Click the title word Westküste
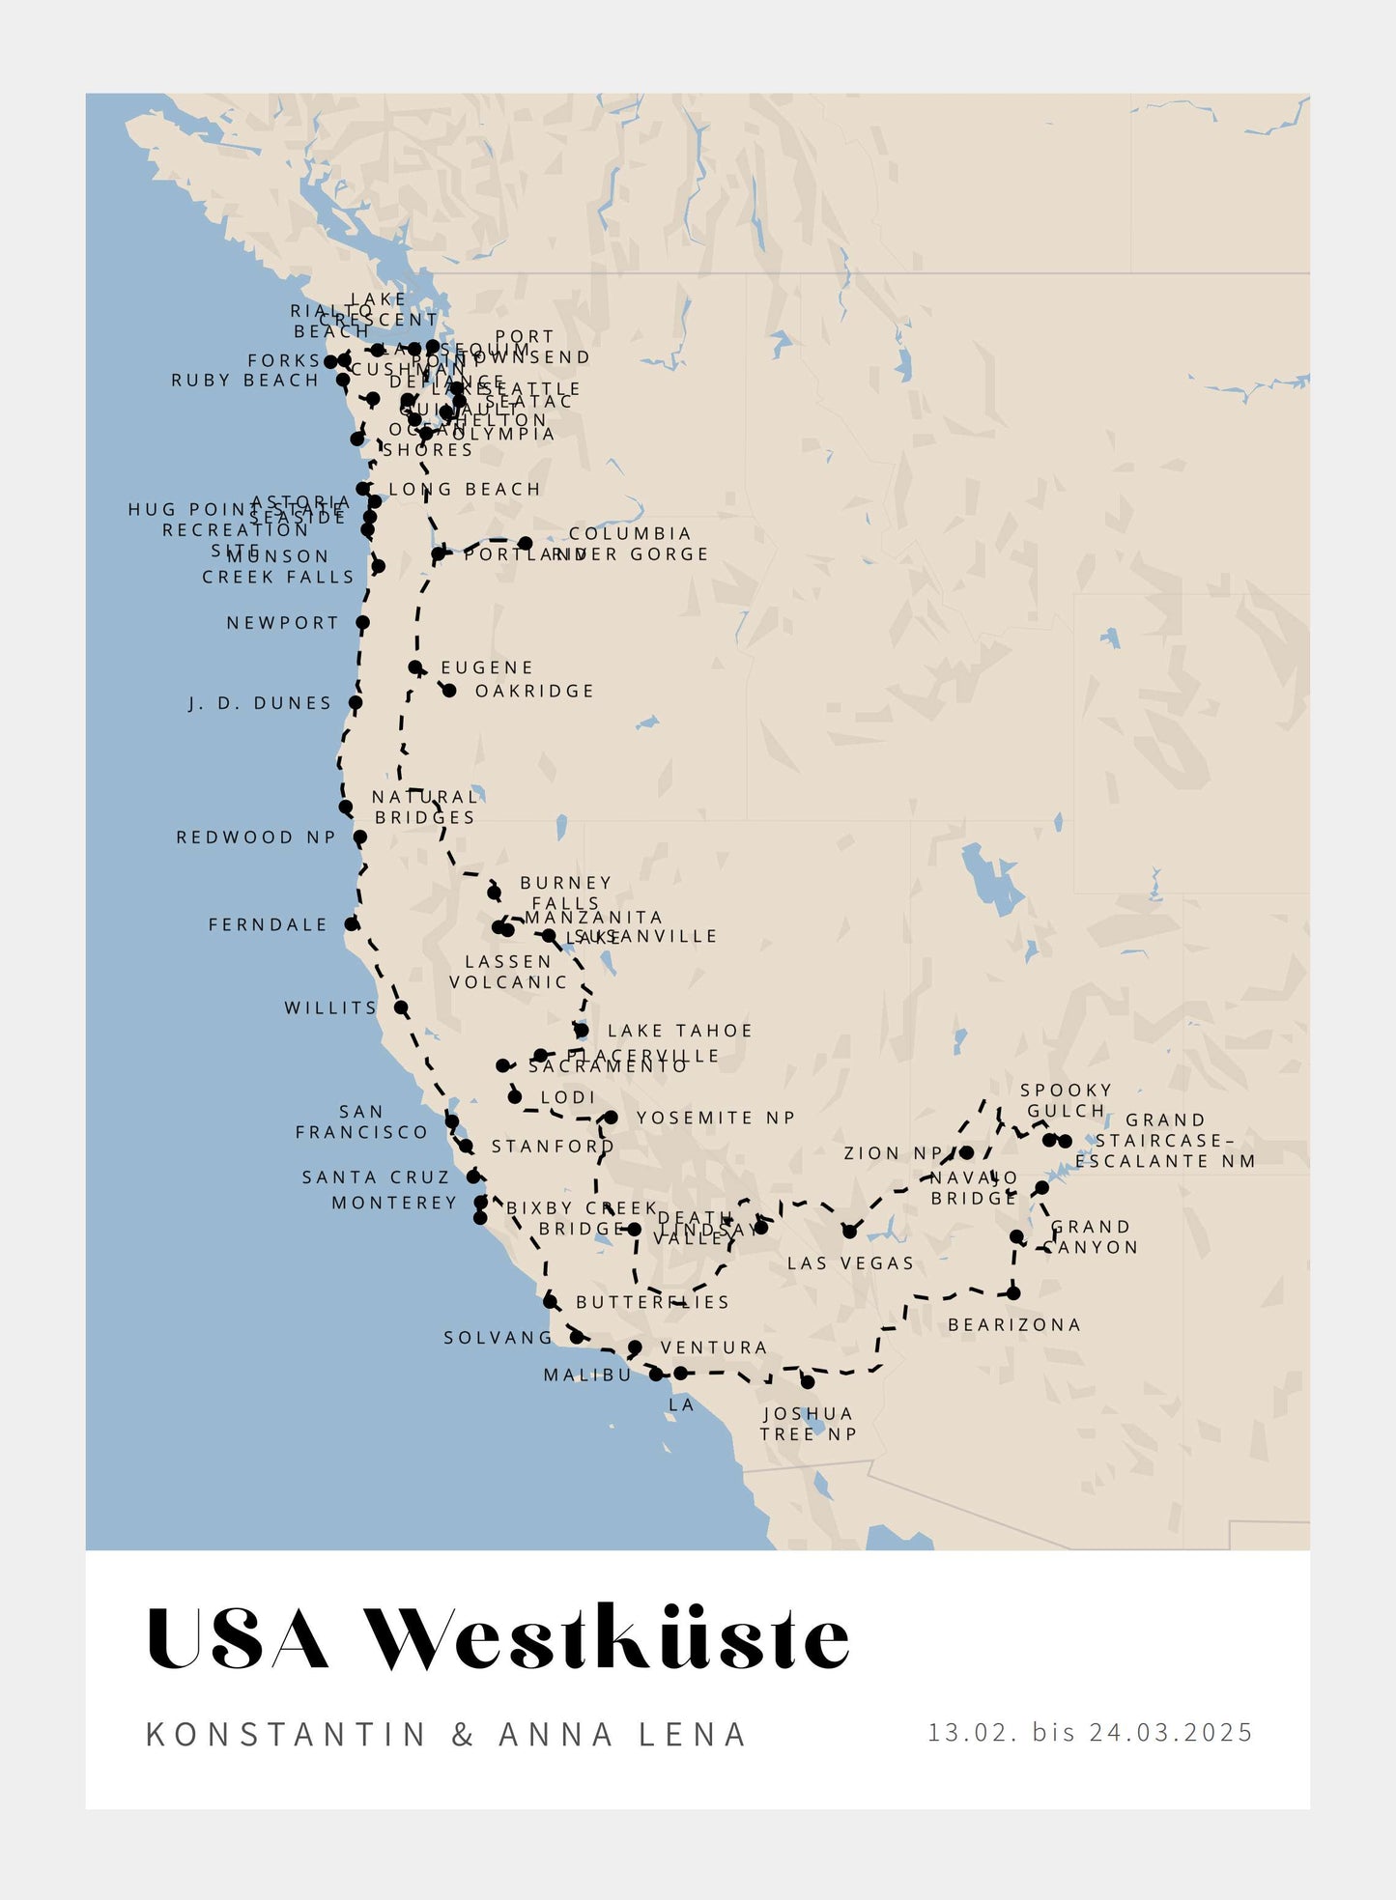[609, 1638]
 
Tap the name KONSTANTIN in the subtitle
[286, 1734]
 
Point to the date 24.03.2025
[1171, 1732]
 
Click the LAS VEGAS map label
[850, 1263]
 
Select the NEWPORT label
[283, 623]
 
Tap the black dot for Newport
[362, 623]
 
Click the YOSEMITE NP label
[716, 1118]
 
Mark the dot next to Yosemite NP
[611, 1118]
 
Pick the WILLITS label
[330, 1007]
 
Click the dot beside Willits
[401, 1007]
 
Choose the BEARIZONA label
[1014, 1324]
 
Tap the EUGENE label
[487, 667]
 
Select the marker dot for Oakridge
[449, 691]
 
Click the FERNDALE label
[269, 924]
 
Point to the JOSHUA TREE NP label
[809, 1424]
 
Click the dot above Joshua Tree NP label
[808, 1382]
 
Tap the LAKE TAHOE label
[680, 1031]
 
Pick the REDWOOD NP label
[256, 837]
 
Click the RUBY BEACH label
[245, 381]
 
